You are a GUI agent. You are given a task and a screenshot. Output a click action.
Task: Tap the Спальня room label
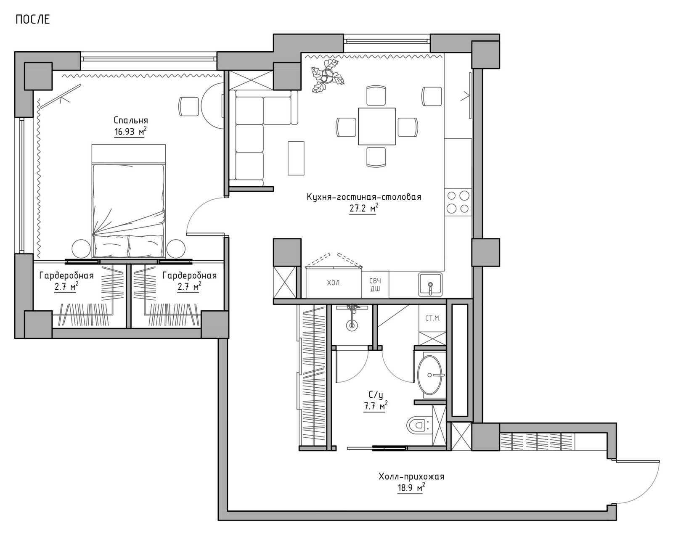pyautogui.click(x=131, y=120)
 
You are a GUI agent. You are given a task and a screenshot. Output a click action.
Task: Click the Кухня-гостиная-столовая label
pyautogui.click(x=364, y=197)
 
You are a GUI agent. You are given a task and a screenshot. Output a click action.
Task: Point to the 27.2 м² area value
pyautogui.click(x=363, y=209)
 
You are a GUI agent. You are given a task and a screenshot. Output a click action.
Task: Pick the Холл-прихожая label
pyautogui.click(x=411, y=477)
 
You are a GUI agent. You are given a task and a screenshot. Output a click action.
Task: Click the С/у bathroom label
pyautogui.click(x=376, y=395)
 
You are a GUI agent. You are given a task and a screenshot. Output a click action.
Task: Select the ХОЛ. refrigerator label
pyautogui.click(x=334, y=283)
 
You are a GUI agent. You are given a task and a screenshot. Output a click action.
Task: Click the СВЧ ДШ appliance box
pyautogui.click(x=375, y=285)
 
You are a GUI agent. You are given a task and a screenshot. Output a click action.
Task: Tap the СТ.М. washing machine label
pyautogui.click(x=432, y=319)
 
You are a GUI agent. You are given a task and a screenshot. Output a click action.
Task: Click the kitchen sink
pyautogui.click(x=430, y=285)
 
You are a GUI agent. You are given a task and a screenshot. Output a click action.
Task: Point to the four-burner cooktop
pyautogui.click(x=458, y=202)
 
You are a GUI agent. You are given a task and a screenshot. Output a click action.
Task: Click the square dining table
pyautogui.click(x=377, y=126)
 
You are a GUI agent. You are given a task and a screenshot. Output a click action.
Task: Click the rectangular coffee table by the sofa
pyautogui.click(x=296, y=158)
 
